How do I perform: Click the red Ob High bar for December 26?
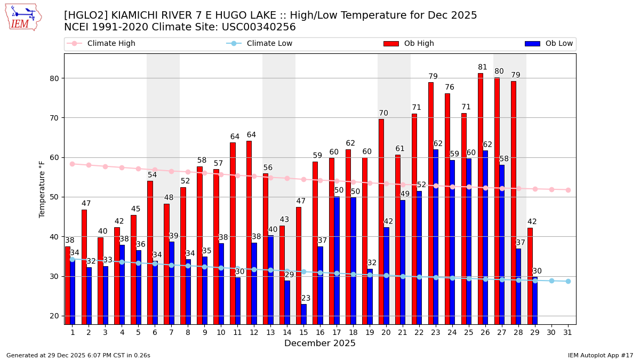[x=481, y=197]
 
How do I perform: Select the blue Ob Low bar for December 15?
[x=304, y=314]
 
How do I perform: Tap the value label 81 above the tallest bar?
[x=483, y=67]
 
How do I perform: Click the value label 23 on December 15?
[x=306, y=298]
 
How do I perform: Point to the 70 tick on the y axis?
[x=53, y=118]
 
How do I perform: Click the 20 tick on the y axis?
[x=53, y=316]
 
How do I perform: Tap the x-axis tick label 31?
[x=568, y=332]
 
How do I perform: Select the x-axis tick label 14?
[x=287, y=332]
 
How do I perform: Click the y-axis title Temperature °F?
[x=42, y=189]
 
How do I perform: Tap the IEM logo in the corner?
[x=23, y=17]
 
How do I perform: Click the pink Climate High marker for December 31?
[x=568, y=190]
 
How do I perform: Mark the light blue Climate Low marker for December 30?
[x=551, y=281]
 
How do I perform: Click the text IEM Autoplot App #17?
[x=601, y=355]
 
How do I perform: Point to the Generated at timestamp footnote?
[x=78, y=355]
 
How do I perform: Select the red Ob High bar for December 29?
[x=530, y=275]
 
